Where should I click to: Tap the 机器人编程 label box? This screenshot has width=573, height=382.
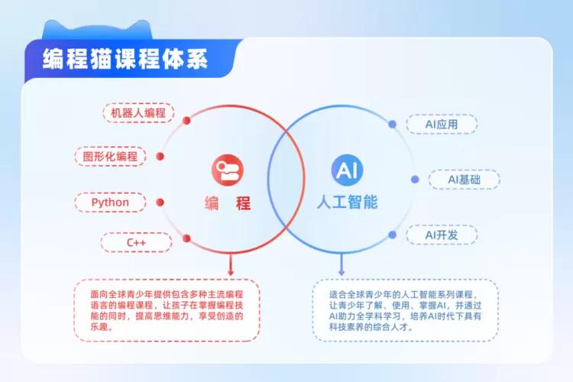click(138, 114)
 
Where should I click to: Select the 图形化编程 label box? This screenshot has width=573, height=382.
click(111, 157)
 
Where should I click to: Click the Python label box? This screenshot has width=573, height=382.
click(111, 202)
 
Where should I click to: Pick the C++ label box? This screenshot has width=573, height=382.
click(137, 243)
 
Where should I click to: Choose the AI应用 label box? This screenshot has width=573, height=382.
click(441, 124)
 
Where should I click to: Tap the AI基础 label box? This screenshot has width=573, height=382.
click(464, 180)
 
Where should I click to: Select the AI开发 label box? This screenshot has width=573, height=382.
click(442, 235)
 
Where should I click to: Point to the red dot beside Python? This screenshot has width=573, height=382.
click(160, 202)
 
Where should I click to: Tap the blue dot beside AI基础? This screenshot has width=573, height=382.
click(415, 180)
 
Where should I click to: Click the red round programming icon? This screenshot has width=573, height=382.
click(227, 170)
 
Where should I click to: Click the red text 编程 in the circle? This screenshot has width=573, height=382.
click(228, 204)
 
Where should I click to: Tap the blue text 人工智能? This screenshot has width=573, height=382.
click(348, 204)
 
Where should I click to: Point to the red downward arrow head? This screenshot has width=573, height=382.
click(230, 271)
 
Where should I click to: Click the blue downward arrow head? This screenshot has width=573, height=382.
click(342, 271)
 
